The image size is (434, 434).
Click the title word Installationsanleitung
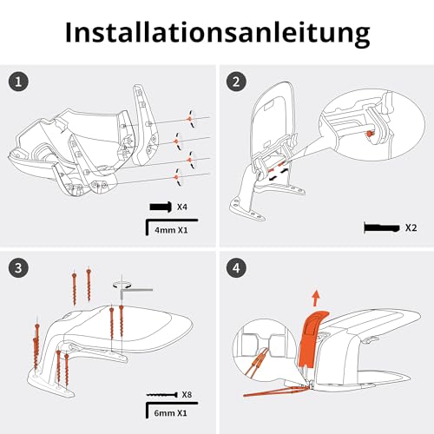218,32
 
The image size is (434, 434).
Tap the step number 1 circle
18,82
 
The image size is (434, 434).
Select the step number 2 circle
236,82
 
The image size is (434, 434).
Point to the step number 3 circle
18,268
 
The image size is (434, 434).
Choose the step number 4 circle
236,268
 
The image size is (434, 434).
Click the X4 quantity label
182,207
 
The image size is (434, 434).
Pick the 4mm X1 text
171,230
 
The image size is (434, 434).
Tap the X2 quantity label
411,227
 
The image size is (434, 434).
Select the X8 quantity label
187,394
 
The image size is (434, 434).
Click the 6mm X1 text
170,413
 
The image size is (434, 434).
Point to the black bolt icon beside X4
161,207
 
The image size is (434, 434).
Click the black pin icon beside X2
382,227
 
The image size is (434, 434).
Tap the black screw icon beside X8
162,395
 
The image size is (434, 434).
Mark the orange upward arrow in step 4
316,298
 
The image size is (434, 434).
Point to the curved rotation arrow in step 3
122,284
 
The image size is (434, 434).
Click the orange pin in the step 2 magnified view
370,134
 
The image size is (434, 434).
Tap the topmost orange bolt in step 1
188,119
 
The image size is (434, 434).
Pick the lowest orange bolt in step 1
176,177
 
